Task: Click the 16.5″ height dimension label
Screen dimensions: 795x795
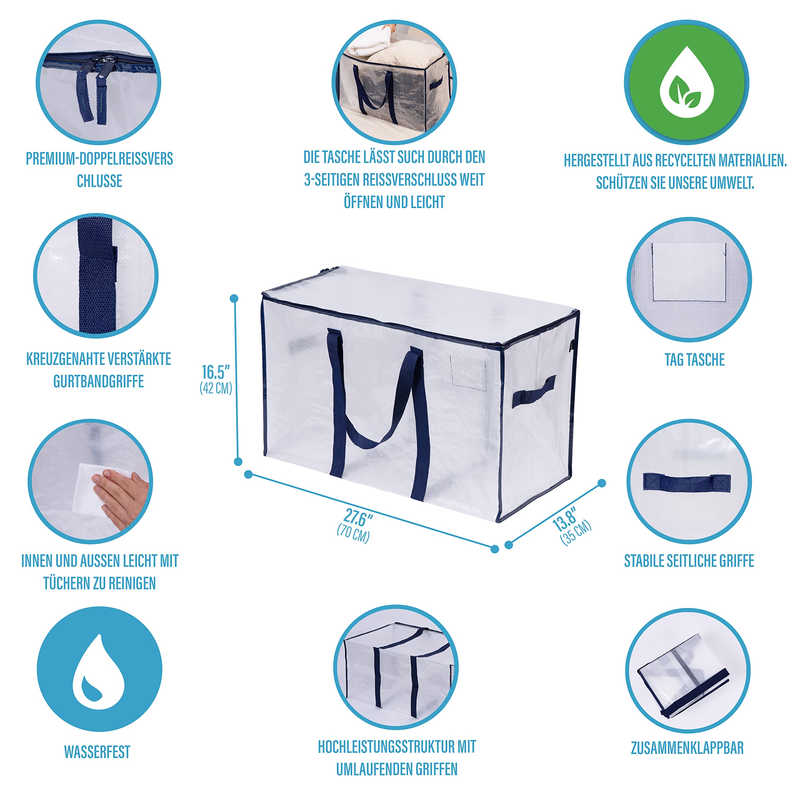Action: click(216, 372)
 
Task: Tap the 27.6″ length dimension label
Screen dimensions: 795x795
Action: click(358, 518)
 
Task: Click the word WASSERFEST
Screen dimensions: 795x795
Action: click(97, 752)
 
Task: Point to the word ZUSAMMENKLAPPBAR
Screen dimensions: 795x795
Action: click(687, 748)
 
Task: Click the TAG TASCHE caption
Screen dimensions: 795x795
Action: click(695, 360)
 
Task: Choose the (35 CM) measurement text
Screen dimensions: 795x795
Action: click(576, 533)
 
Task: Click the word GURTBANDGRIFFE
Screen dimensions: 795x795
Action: click(98, 381)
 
